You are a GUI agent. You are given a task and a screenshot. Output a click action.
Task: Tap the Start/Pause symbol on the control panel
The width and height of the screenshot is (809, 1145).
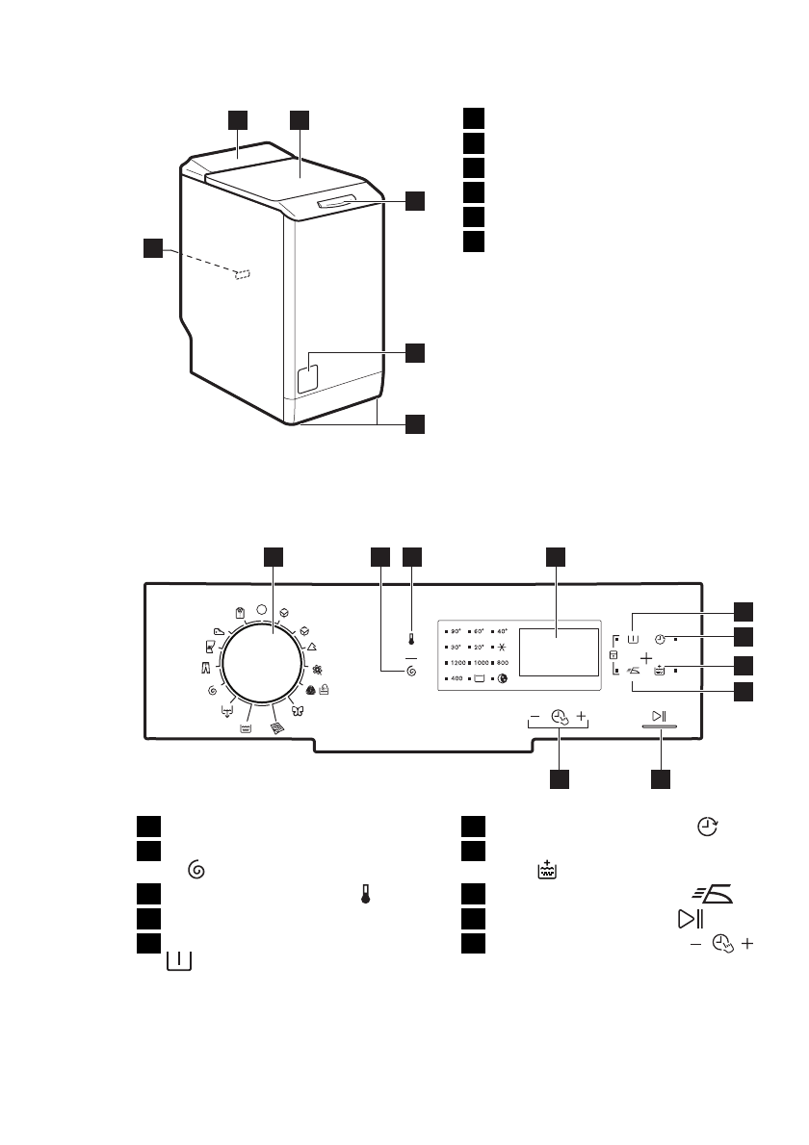(659, 716)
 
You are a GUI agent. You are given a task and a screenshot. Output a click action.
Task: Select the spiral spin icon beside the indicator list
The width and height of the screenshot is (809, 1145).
(411, 670)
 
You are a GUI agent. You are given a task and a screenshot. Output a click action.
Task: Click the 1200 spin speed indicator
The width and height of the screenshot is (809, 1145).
(458, 663)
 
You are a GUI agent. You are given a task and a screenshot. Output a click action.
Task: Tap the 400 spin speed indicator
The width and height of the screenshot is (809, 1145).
(457, 679)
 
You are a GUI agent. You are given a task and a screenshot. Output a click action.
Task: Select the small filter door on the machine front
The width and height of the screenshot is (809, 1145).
(308, 374)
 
